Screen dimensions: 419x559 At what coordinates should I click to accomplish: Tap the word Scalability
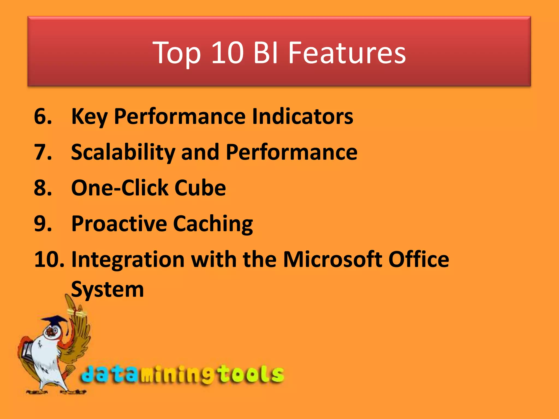tap(123, 152)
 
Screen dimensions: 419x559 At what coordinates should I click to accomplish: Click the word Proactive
tap(119, 224)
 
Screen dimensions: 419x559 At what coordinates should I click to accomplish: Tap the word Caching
tap(213, 224)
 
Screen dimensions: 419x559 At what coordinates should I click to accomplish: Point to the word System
tap(107, 289)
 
